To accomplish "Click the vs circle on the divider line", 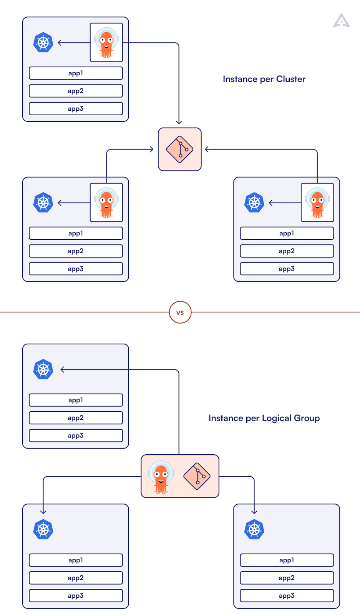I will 180,312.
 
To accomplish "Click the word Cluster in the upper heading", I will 291,79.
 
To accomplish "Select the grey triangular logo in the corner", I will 341,21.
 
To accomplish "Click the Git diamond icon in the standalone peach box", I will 180,149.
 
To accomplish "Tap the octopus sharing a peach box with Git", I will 161,477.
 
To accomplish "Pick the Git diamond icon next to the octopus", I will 197,476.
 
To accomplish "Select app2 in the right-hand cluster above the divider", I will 287,251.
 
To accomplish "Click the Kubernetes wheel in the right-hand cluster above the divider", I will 254,203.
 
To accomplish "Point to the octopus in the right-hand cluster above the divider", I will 317,203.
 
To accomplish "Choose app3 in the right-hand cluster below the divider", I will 287,595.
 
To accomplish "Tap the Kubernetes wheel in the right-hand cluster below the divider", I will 254,530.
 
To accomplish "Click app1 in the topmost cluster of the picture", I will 76,73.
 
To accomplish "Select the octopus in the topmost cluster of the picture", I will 106,42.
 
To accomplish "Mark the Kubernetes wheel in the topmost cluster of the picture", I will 43,42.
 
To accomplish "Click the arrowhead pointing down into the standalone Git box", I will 179,122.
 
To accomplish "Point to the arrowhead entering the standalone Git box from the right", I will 207,149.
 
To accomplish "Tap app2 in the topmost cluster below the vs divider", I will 76,418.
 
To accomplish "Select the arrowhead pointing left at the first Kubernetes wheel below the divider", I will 63,369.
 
